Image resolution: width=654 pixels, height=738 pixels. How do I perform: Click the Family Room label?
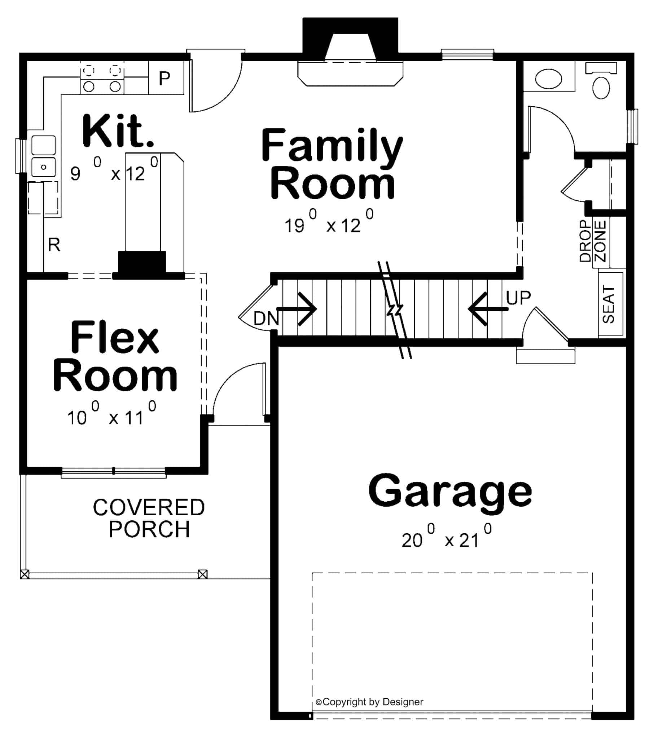coord(332,164)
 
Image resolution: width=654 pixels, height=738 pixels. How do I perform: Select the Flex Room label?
coord(115,356)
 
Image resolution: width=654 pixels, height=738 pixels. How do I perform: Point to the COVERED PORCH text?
coord(149,518)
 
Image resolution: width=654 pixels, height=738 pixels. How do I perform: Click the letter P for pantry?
coord(164,78)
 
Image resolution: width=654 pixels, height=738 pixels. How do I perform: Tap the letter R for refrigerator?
coord(54,245)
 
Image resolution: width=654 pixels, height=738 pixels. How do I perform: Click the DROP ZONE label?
coord(593,241)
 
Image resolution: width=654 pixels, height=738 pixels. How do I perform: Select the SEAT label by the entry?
coord(609,304)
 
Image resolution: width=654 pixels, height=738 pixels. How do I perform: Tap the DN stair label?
coord(266,319)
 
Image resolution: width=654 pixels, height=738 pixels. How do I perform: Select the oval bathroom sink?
coord(548,79)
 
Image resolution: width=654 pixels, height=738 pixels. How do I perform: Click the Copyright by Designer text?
coord(369,702)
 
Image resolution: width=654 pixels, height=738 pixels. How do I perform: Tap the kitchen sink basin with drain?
coord(43,167)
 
